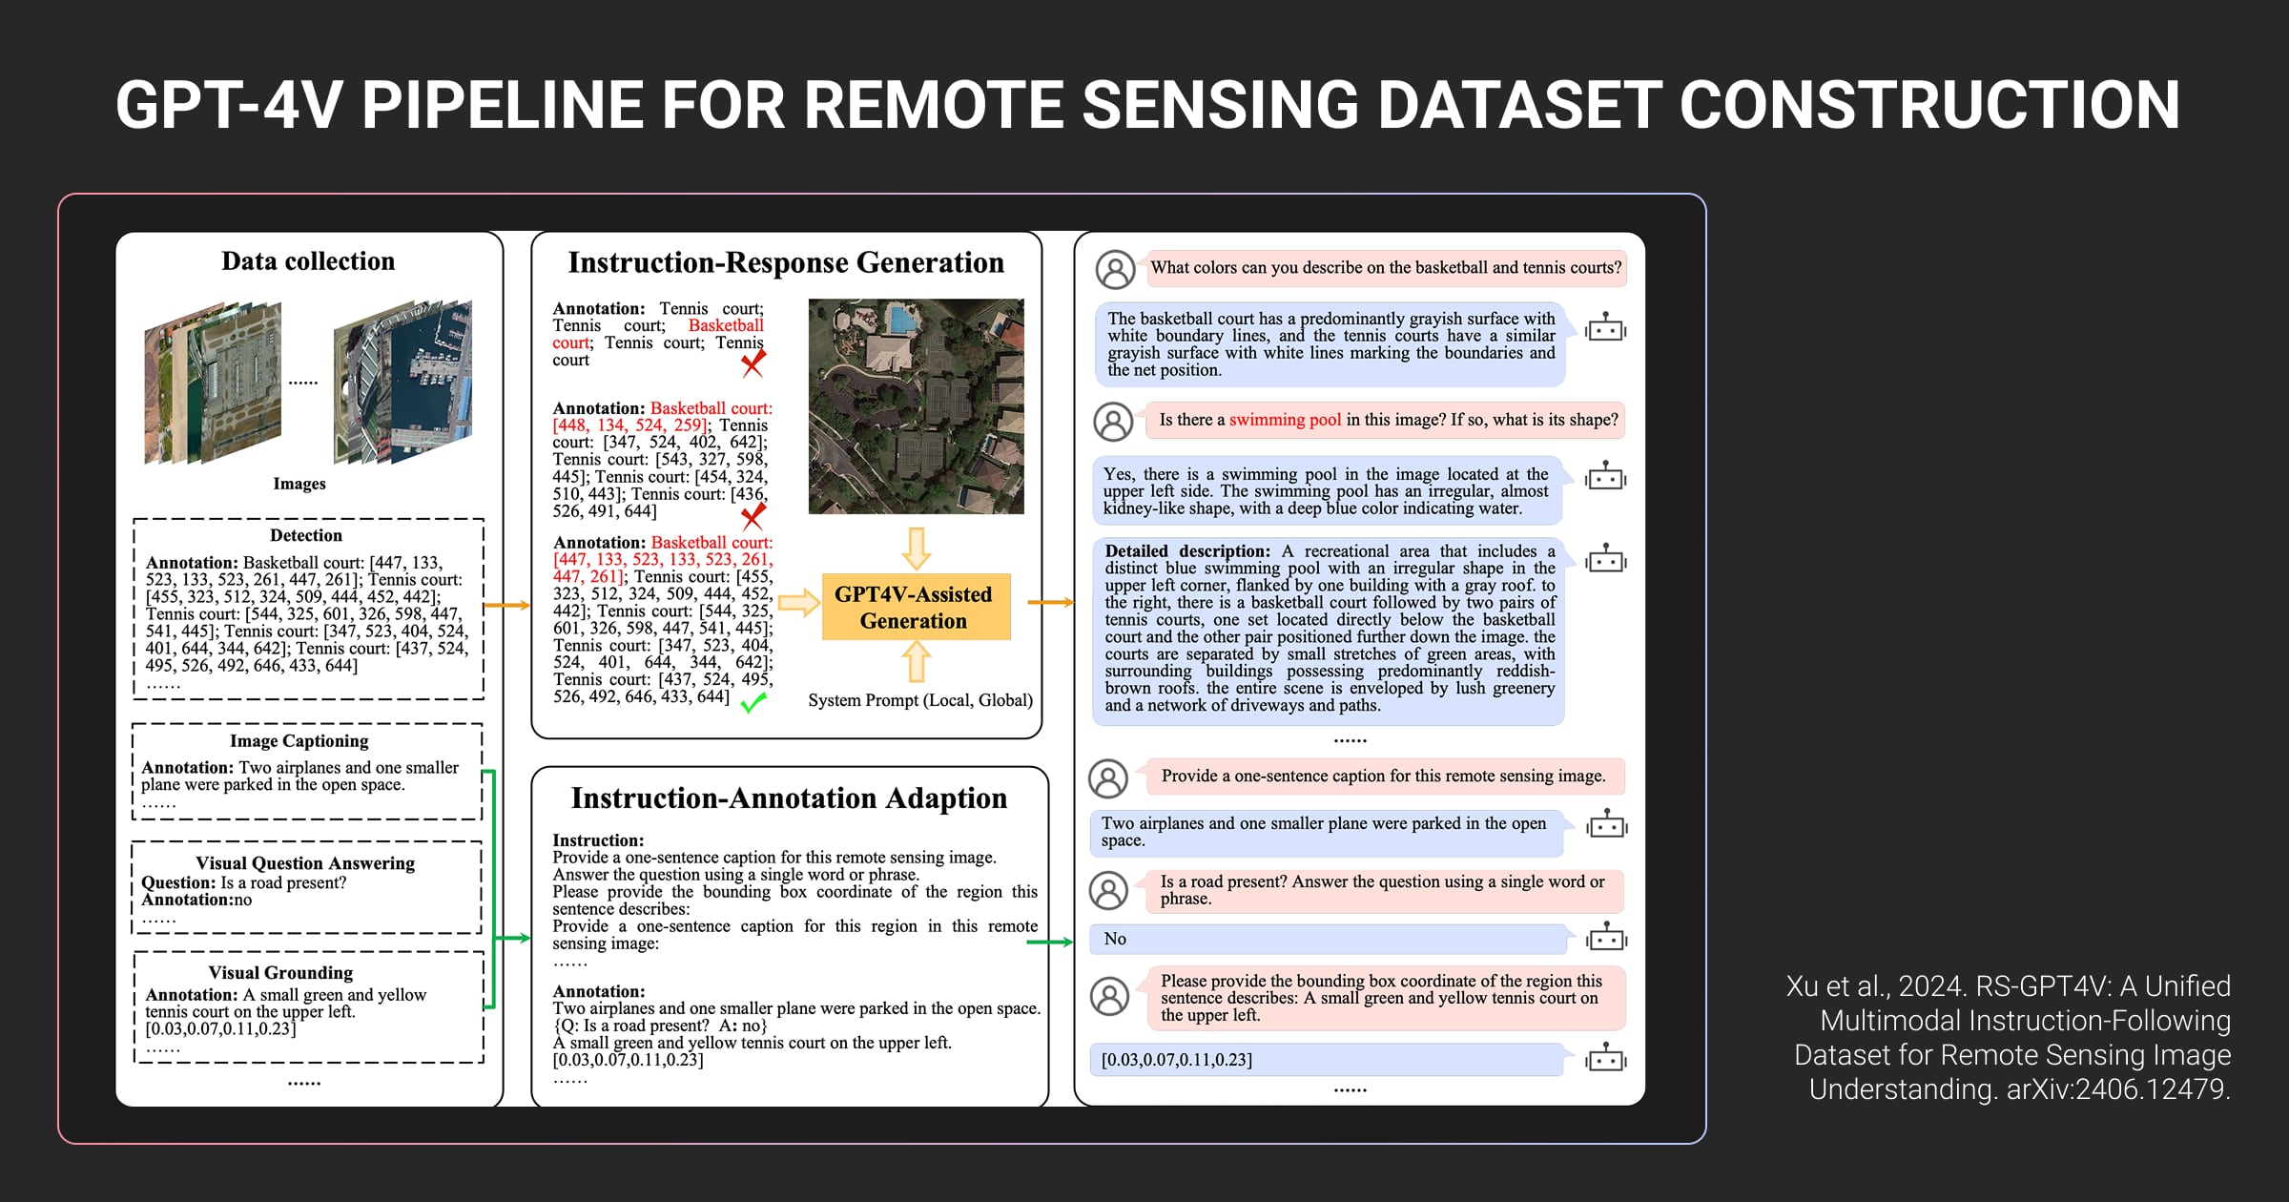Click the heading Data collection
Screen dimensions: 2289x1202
308,261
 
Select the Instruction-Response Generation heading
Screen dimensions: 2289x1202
786,262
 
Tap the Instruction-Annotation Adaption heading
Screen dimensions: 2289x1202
789,798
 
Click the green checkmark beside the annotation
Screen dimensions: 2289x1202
753,703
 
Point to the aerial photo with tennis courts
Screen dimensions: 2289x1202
916,406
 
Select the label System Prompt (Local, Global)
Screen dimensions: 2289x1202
920,700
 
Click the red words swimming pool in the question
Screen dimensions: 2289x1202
1285,420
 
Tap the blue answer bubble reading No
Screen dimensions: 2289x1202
1328,940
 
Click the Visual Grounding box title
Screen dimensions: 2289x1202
280,973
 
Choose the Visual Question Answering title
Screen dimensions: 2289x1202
305,863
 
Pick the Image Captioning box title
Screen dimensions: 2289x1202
299,741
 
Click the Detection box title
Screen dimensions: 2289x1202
305,535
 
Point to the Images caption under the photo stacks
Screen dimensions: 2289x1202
299,484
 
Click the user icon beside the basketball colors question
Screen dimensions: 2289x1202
1115,270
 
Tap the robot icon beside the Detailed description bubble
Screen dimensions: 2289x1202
1606,559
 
